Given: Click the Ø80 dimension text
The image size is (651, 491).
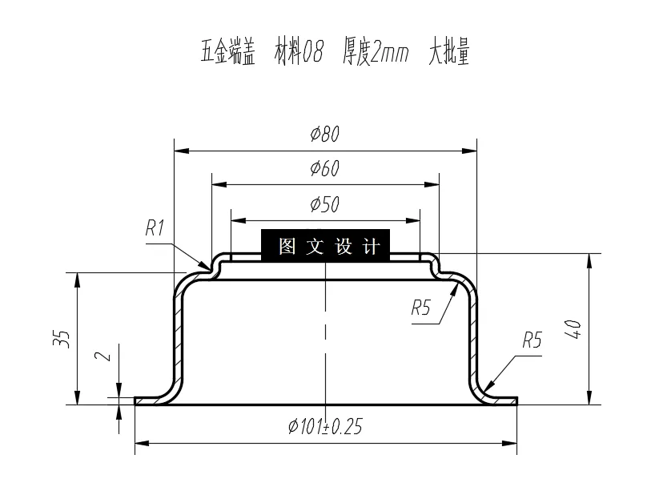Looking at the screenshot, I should click(325, 135).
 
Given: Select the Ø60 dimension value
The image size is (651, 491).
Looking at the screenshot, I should click(325, 169).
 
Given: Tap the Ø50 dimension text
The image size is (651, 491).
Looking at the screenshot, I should click(325, 204).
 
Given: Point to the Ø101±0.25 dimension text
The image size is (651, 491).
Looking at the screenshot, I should click(325, 427).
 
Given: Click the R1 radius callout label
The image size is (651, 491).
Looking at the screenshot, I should click(155, 228).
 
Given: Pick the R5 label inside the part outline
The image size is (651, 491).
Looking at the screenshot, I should click(421, 307).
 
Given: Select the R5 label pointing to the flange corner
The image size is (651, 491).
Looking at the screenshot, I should click(532, 340).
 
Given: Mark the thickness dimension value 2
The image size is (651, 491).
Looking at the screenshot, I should click(102, 356).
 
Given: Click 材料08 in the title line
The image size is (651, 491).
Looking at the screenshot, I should click(299, 54).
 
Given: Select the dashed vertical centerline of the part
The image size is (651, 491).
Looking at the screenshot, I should click(325, 336).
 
